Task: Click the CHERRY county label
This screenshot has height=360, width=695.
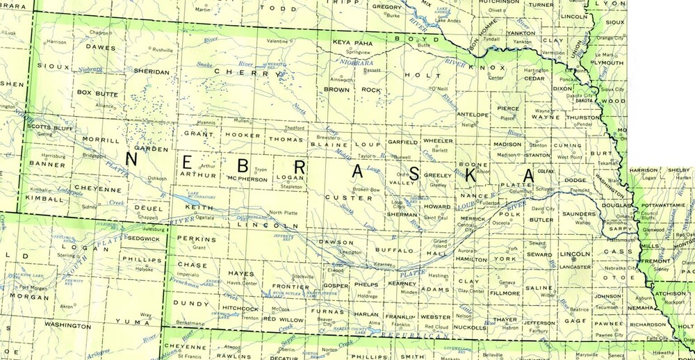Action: point(238,72)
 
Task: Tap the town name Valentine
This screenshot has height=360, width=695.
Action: point(277,42)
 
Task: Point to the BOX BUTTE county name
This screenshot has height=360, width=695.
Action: point(97,92)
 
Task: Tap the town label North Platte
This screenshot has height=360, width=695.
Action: point(283,212)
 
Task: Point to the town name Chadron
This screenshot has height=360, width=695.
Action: point(99,33)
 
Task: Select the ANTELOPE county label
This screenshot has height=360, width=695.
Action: point(472,115)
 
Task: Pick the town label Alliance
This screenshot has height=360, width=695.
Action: point(104,106)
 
